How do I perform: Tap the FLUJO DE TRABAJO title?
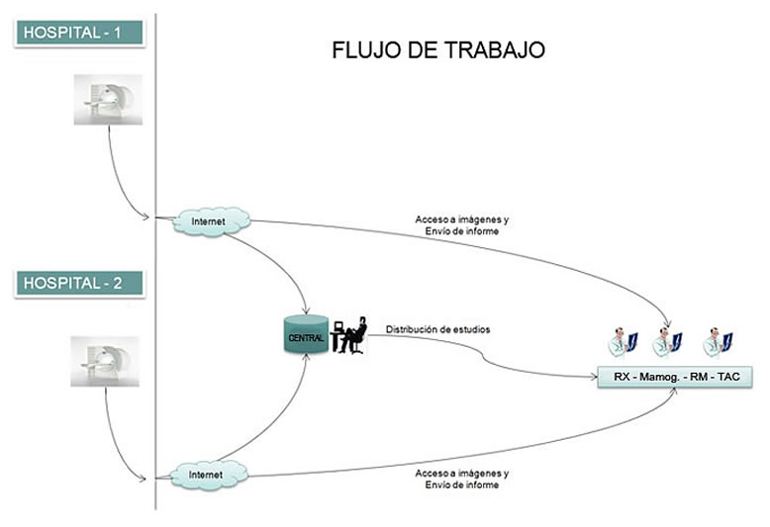(x=438, y=50)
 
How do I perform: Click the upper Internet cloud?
(x=209, y=221)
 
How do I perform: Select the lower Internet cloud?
(x=209, y=476)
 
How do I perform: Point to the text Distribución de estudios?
(x=437, y=329)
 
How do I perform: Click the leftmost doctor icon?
(x=622, y=342)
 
